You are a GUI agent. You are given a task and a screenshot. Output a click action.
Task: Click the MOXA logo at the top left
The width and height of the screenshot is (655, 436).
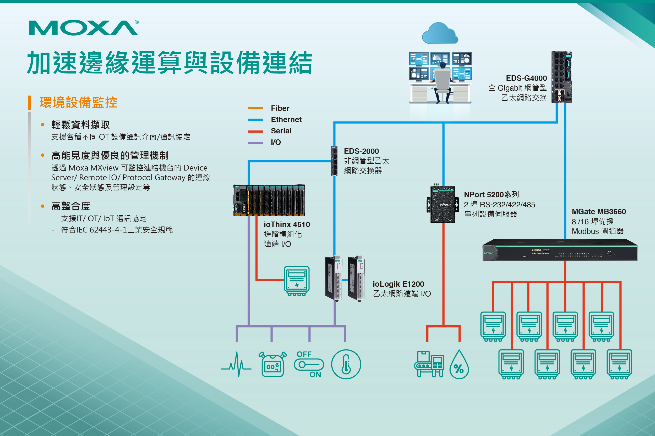[83, 27]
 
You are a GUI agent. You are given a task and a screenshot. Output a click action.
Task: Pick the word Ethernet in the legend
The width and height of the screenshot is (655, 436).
[286, 120]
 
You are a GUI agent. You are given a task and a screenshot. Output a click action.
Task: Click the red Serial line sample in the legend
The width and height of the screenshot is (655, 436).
[255, 131]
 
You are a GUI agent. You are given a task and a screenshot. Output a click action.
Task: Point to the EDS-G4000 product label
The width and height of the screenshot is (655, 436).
[526, 78]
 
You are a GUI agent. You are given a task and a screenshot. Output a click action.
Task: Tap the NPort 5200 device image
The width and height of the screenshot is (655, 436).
[443, 204]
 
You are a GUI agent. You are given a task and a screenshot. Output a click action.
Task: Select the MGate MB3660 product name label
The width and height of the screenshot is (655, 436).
[598, 212]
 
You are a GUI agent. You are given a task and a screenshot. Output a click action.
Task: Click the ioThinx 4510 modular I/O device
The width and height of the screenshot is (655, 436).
[269, 200]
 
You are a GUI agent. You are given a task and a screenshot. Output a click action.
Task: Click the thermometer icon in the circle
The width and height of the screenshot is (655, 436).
[346, 364]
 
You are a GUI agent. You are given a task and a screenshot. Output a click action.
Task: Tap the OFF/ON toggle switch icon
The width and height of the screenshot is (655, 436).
[309, 364]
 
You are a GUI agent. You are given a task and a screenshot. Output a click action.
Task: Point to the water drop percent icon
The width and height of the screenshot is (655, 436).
[459, 365]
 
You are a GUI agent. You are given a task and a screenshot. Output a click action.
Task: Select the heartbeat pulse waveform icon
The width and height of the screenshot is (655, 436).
[236, 364]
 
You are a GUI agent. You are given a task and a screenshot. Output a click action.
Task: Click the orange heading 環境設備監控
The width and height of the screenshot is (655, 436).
[78, 102]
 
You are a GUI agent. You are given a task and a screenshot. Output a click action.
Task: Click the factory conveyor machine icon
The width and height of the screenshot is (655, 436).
[429, 364]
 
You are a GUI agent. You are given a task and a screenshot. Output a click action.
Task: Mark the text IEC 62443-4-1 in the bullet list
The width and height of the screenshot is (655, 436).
[102, 230]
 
